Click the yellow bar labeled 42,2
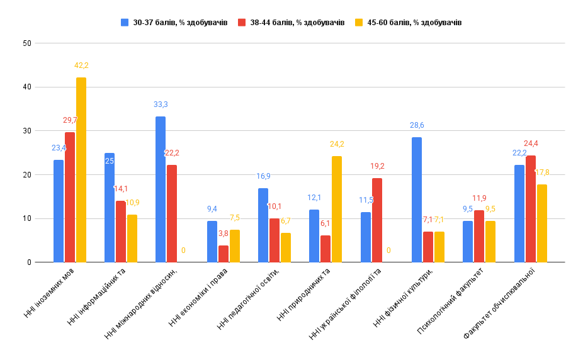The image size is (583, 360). [81, 170]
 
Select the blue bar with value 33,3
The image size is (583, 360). [161, 189]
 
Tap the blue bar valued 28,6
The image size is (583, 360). [417, 200]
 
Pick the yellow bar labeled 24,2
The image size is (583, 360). [337, 209]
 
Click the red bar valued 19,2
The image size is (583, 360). [377, 220]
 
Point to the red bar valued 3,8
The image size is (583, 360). [224, 254]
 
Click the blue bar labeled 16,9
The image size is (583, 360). [263, 225]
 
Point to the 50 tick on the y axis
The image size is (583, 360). [26, 43]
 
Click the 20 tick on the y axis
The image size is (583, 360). [26, 175]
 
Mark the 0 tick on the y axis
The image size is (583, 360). [29, 262]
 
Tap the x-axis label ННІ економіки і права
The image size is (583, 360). [198, 298]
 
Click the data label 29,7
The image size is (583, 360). [71, 120]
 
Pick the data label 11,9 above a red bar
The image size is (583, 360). [480, 198]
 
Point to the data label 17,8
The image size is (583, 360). [542, 172]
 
